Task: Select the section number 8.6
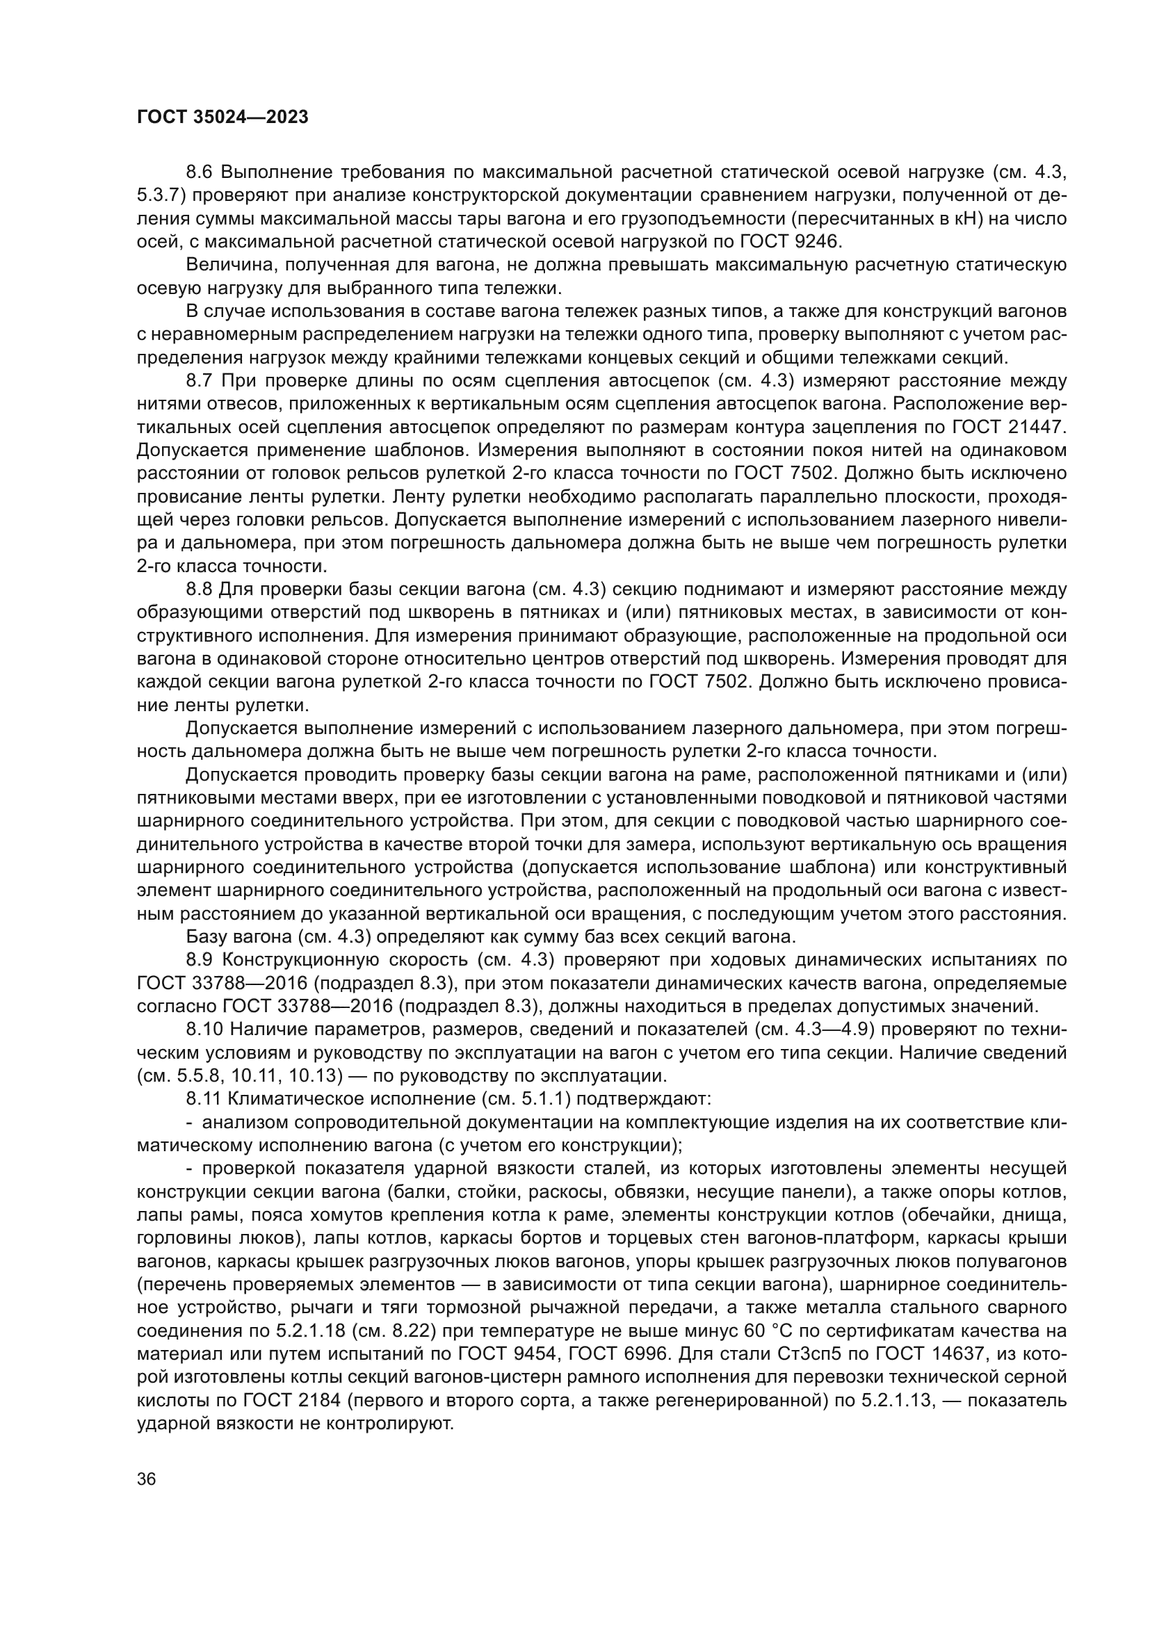(x=200, y=172)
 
